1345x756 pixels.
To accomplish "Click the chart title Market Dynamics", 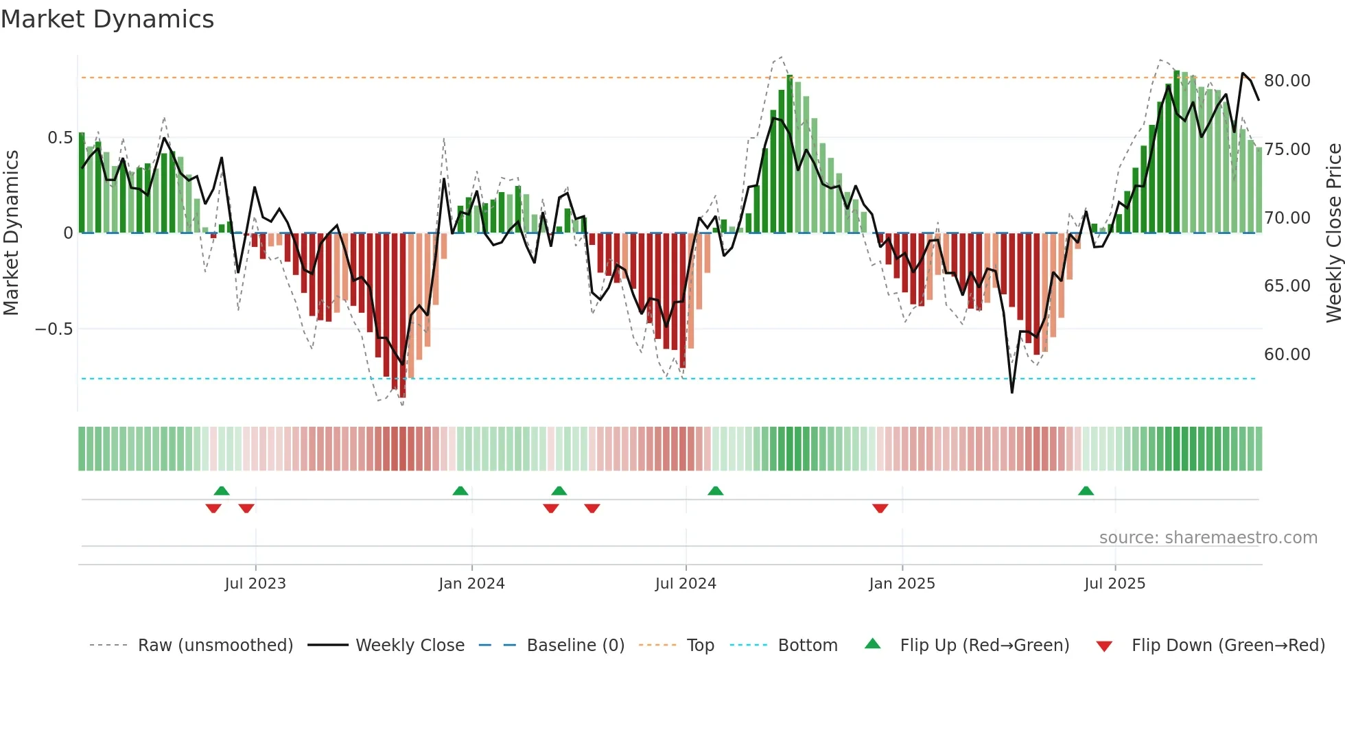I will point(108,19).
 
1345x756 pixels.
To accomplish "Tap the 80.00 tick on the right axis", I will point(1287,81).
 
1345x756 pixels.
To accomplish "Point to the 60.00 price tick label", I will point(1287,355).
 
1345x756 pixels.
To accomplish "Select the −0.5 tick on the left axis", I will point(54,329).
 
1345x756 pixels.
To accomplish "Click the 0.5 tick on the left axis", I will point(60,138).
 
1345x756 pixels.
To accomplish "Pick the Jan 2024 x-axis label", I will point(471,584).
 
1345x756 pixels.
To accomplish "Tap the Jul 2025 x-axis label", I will point(1114,584).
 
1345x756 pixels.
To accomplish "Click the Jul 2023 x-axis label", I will point(255,584).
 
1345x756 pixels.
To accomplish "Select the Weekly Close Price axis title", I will point(1333,233).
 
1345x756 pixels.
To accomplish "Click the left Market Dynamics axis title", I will point(11,233).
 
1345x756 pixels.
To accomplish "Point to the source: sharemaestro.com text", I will point(1208,538).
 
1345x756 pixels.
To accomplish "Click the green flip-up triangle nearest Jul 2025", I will point(1086,491).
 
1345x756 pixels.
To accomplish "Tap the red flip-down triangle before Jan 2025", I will point(880,508).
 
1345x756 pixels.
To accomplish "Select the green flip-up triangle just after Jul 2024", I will point(715,491).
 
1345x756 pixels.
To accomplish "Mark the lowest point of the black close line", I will point(1012,392).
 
